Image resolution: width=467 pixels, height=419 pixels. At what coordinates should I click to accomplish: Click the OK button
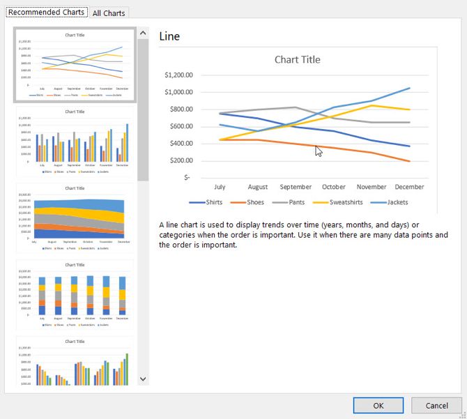[378, 405]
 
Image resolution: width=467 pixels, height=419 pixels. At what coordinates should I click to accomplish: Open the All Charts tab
[109, 13]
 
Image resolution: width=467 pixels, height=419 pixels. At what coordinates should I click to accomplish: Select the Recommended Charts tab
[47, 13]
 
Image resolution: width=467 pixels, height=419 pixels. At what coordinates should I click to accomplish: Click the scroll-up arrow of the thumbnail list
[143, 33]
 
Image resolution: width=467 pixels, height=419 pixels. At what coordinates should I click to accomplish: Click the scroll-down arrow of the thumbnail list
[143, 379]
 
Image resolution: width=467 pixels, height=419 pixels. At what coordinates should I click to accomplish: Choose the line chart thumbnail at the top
[75, 65]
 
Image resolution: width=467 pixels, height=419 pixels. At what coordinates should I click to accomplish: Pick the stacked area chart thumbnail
[75, 218]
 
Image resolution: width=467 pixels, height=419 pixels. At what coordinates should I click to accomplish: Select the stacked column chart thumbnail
[75, 295]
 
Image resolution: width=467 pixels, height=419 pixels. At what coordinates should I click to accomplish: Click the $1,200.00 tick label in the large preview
[178, 75]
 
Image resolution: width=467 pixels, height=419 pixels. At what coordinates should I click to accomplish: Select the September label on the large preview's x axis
[296, 187]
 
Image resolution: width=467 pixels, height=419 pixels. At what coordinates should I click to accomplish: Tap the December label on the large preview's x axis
[409, 187]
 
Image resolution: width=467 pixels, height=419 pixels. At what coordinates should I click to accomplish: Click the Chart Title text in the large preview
[297, 59]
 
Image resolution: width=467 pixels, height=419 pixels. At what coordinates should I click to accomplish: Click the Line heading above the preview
[169, 36]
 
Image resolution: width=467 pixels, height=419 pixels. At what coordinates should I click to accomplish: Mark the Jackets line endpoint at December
[410, 88]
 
